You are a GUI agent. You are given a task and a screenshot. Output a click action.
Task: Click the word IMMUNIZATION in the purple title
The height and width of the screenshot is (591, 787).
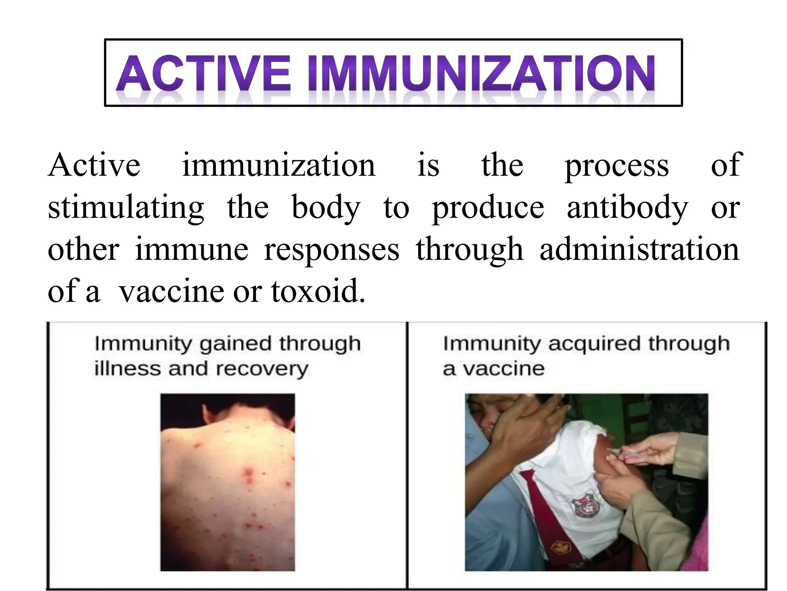pyautogui.click(x=480, y=73)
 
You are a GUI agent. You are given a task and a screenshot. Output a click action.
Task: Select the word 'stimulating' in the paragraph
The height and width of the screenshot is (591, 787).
pyautogui.click(x=126, y=208)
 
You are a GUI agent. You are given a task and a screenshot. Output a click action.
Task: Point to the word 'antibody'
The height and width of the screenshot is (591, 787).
pyautogui.click(x=627, y=208)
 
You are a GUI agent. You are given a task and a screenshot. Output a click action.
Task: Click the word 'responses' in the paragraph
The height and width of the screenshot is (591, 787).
pyautogui.click(x=331, y=250)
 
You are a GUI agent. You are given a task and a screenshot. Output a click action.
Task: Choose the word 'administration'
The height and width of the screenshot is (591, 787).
pyautogui.click(x=639, y=250)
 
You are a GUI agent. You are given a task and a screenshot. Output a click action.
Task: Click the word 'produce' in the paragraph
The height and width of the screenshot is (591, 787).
pyautogui.click(x=488, y=208)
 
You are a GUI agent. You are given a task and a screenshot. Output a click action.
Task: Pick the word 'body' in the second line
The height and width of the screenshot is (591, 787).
pyautogui.click(x=326, y=208)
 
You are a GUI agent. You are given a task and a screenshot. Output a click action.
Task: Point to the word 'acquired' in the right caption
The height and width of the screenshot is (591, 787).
pyautogui.click(x=594, y=344)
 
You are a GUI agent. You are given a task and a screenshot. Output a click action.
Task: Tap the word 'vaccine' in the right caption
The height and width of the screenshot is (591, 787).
pyautogui.click(x=503, y=369)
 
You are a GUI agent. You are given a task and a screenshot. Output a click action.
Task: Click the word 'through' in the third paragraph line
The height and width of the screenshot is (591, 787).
pyautogui.click(x=470, y=250)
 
